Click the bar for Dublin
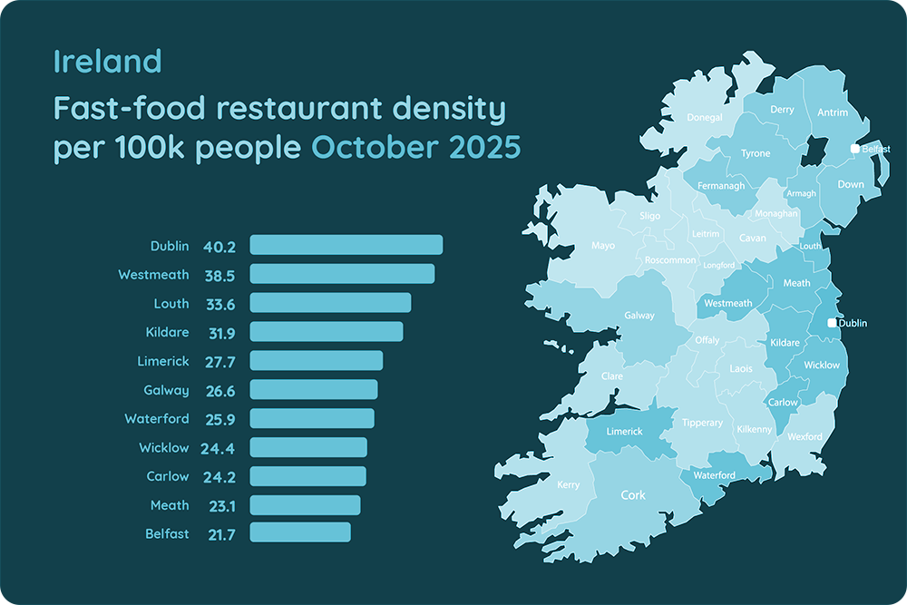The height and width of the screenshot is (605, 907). click(x=346, y=245)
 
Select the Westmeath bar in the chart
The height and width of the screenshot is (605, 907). click(x=342, y=274)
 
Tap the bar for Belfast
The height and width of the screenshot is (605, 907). click(x=299, y=532)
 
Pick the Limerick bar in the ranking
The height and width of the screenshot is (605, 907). click(x=316, y=361)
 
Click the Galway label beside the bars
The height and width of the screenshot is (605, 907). click(x=167, y=390)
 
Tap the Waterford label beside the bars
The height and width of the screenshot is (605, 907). click(x=157, y=419)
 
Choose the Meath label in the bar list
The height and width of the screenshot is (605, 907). click(x=170, y=505)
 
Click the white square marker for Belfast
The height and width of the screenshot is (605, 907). click(x=854, y=148)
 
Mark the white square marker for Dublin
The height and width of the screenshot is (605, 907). click(x=833, y=323)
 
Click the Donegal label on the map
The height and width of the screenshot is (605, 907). click(x=705, y=118)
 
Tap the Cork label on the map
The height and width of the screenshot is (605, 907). click(x=633, y=496)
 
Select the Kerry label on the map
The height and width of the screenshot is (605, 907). click(x=568, y=485)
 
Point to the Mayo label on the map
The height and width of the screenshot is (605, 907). click(x=603, y=246)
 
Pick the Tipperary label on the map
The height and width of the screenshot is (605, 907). click(x=703, y=424)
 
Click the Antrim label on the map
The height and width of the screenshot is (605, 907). click(x=832, y=112)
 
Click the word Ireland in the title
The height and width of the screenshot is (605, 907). click(x=107, y=62)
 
